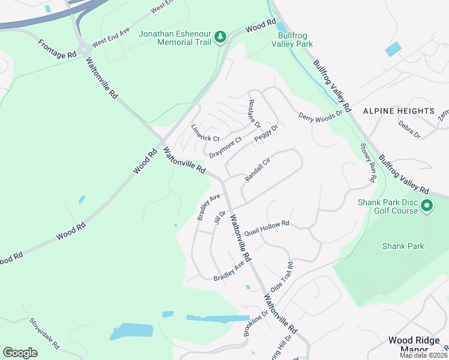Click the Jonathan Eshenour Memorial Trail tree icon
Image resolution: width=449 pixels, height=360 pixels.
(221, 37)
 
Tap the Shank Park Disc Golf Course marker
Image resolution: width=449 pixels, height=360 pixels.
(427, 206)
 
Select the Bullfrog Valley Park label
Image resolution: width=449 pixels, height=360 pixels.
(292, 40)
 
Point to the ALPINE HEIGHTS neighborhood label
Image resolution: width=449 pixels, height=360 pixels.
(399, 111)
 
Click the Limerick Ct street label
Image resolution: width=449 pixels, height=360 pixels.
(205, 133)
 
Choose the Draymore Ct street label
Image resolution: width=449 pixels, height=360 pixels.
(225, 148)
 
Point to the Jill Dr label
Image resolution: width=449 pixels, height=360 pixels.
(219, 218)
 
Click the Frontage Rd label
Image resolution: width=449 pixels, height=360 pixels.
(57, 48)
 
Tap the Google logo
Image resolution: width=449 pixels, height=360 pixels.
(20, 353)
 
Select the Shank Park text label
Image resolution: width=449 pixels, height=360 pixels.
(403, 246)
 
